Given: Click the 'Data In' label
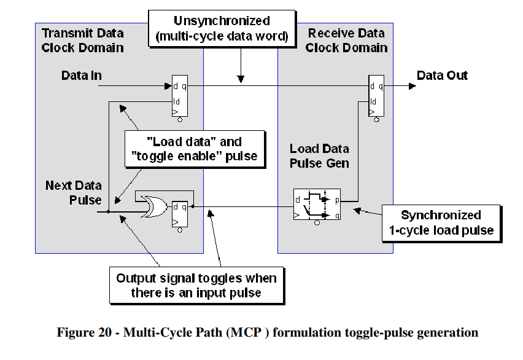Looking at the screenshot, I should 81,76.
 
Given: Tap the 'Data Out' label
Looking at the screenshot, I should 442,76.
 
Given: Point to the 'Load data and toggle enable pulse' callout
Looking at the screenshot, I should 196,148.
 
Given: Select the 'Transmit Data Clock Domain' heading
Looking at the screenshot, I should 82,40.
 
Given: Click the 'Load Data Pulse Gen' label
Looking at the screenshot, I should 319,156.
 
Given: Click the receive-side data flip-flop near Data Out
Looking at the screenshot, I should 376,96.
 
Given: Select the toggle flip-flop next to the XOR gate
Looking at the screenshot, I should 179,214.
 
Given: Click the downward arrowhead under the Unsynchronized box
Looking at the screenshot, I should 241,79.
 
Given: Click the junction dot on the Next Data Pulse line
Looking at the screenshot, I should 109,211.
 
